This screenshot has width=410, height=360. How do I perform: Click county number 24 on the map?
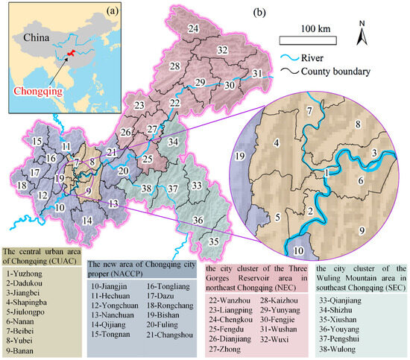point(194,28)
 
